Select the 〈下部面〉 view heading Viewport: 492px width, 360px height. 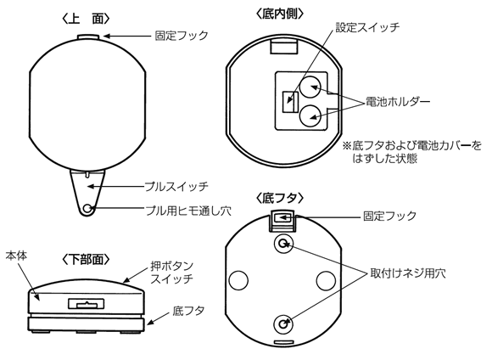[x=88, y=256]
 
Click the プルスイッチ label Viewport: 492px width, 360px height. [x=176, y=184]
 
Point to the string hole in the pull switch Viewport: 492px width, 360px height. [x=88, y=208]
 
